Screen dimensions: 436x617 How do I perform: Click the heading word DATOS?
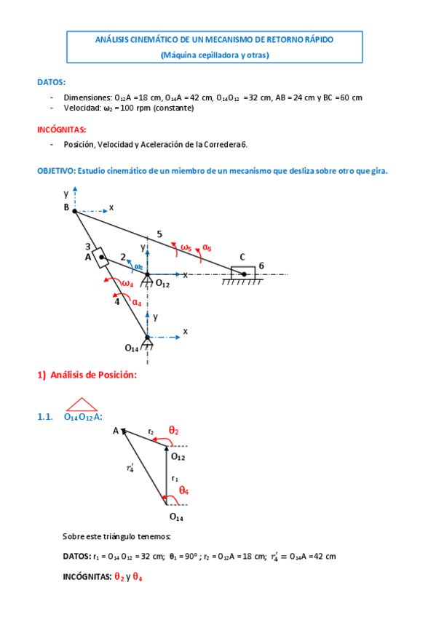click(x=51, y=81)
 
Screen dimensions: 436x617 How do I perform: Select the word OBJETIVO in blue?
click(x=55, y=170)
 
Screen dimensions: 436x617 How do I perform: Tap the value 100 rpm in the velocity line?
click(x=139, y=108)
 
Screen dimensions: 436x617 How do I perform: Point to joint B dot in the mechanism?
click(x=75, y=211)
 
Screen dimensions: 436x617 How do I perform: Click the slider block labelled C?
click(x=243, y=272)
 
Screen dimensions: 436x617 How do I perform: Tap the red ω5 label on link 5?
click(x=186, y=247)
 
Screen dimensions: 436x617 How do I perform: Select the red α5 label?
click(x=207, y=248)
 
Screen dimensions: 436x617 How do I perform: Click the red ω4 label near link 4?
click(x=127, y=284)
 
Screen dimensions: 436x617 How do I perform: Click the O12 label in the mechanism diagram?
click(x=162, y=284)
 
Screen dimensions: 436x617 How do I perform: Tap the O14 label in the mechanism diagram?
click(x=132, y=349)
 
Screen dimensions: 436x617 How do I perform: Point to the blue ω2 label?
click(x=138, y=266)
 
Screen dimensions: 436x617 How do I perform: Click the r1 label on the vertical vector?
click(x=175, y=479)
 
